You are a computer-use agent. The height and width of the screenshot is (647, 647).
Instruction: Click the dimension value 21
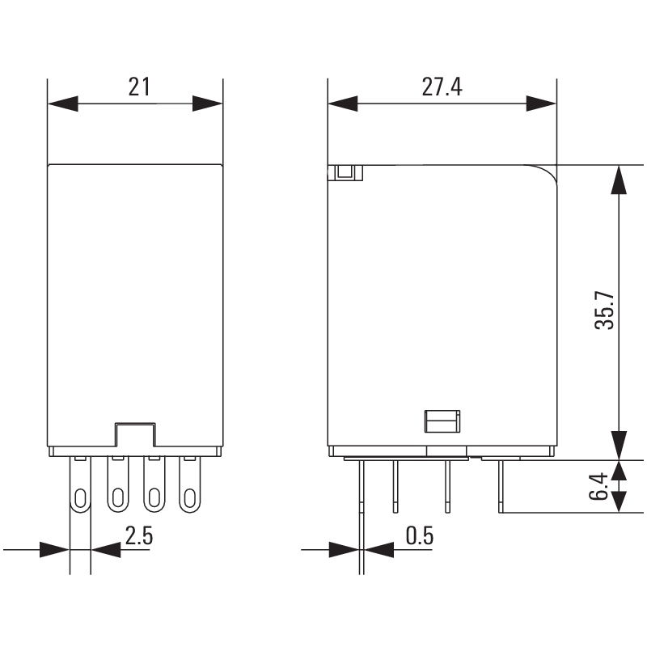139,87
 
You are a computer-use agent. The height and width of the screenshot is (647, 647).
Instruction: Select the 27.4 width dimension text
442,87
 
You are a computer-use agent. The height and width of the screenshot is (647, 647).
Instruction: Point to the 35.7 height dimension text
604,310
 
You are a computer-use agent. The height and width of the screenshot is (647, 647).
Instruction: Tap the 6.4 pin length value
598,486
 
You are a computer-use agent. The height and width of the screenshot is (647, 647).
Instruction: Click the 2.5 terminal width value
139,535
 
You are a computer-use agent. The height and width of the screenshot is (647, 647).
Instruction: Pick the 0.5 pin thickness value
420,535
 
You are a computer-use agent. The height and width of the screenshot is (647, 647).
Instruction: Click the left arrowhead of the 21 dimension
63,104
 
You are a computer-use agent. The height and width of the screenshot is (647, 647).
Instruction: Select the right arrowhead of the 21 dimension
208,104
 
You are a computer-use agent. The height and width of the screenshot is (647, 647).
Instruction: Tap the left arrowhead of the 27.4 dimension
343,104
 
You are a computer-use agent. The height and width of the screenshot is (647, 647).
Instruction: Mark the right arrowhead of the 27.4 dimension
541,104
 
